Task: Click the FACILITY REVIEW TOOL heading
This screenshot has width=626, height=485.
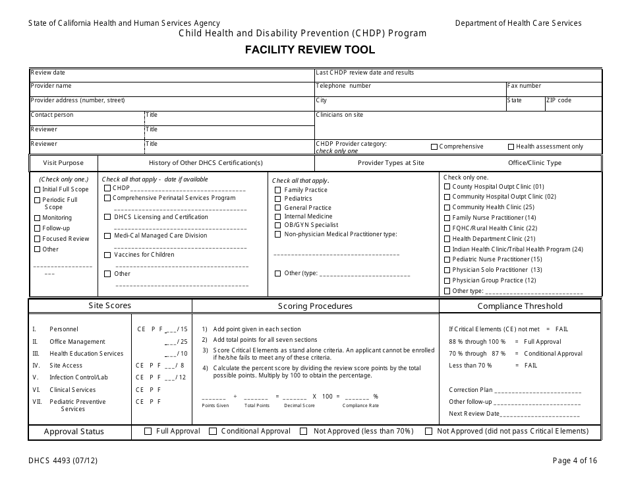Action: (310, 49)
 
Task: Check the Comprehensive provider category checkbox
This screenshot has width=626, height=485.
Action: (434, 147)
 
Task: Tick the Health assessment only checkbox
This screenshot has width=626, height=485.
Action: (511, 147)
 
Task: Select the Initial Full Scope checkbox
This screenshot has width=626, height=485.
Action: (37, 189)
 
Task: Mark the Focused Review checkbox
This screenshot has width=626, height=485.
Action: (37, 239)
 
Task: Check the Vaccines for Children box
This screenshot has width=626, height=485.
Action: (107, 255)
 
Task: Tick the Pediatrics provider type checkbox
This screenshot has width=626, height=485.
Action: (278, 199)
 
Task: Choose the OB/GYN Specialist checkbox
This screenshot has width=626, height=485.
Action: (278, 225)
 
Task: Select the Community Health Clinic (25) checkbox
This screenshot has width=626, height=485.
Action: (447, 207)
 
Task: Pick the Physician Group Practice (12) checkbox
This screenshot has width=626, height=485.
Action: (447, 280)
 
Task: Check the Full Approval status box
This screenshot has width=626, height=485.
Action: (148, 432)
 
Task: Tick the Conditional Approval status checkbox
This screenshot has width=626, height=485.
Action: (213, 432)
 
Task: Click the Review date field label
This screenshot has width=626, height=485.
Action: (48, 73)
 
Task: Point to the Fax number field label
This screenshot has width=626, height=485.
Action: (524, 86)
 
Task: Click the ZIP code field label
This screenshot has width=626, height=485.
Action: (559, 100)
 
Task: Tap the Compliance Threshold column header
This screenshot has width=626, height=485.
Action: (520, 306)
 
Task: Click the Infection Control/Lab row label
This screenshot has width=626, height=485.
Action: (79, 377)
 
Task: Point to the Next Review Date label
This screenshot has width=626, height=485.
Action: (474, 414)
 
